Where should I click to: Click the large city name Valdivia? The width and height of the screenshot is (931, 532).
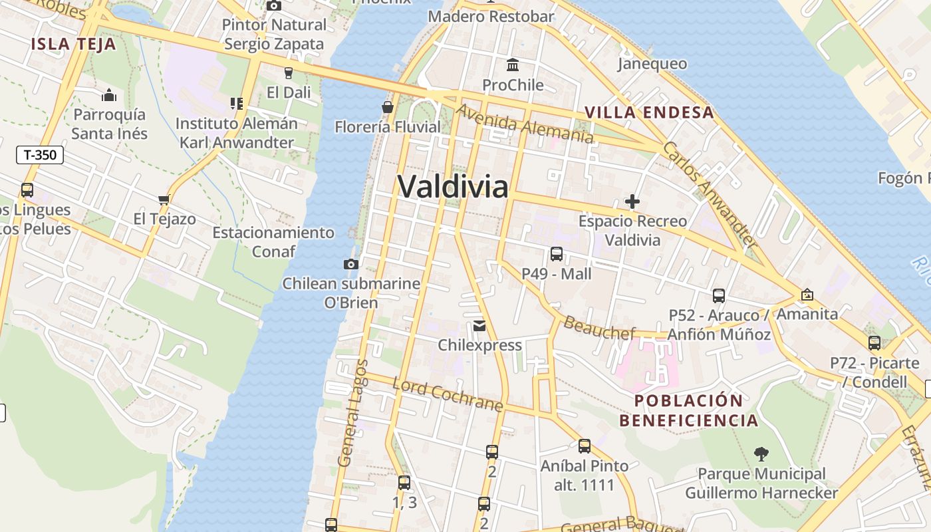tap(453, 186)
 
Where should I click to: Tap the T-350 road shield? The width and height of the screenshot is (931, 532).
tap(40, 155)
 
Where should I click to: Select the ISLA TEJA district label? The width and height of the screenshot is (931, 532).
tap(73, 45)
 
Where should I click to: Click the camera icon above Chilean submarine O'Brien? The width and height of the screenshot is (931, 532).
tap(351, 264)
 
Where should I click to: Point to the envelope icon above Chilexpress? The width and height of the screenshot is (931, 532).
tap(479, 326)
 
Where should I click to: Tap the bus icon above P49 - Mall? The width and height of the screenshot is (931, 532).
tap(557, 253)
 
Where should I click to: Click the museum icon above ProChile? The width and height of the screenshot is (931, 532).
tap(513, 65)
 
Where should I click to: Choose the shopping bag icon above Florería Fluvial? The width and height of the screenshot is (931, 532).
tap(388, 106)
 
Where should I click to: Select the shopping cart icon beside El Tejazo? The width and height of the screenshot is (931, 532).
tap(164, 199)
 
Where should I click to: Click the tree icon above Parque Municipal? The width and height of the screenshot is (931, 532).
tap(761, 454)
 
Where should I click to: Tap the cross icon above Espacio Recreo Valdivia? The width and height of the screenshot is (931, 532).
tap(632, 201)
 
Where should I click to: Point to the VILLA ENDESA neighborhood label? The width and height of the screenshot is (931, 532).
tap(649, 112)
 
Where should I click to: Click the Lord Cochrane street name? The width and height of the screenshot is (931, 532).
tap(447, 394)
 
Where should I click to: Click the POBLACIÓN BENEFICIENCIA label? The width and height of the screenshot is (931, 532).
tap(688, 410)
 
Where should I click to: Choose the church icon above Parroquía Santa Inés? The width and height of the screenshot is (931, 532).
tap(109, 95)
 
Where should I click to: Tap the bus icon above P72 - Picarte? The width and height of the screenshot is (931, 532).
tap(874, 343)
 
